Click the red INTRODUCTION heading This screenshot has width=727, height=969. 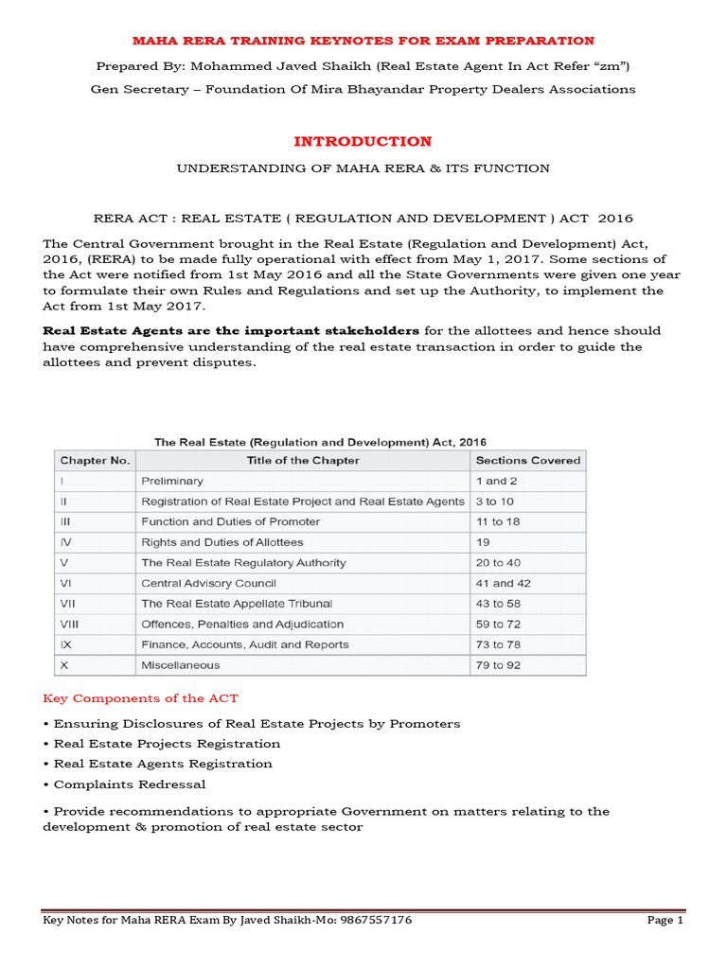tap(363, 141)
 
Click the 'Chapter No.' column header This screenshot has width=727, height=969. tap(95, 461)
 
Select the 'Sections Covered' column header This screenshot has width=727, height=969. tap(527, 461)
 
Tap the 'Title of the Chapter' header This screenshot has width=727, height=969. tap(301, 461)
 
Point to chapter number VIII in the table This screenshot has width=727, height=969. tap(69, 624)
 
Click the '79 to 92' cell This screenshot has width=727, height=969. tap(497, 664)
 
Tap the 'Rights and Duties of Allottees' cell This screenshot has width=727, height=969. tap(222, 542)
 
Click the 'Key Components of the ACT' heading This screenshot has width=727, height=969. tap(140, 698)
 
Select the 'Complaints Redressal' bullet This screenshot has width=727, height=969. tap(129, 784)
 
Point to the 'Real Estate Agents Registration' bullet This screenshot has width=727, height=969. tap(162, 764)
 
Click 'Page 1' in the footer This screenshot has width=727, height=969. tap(665, 920)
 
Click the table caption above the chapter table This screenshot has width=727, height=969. tap(320, 441)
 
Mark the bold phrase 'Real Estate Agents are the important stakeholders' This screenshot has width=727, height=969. tap(231, 330)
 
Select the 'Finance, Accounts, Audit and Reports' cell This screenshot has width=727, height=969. tap(244, 644)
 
